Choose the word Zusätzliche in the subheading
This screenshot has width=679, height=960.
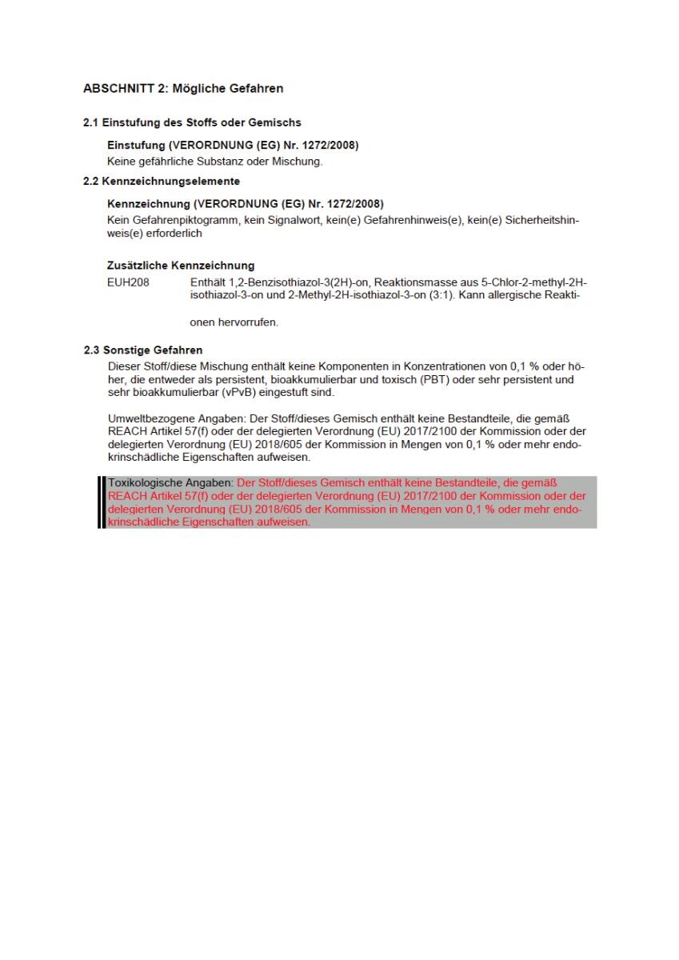tap(138, 266)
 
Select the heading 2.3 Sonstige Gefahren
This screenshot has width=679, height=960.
tap(143, 350)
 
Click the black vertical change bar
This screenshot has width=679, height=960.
tap(102, 502)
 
